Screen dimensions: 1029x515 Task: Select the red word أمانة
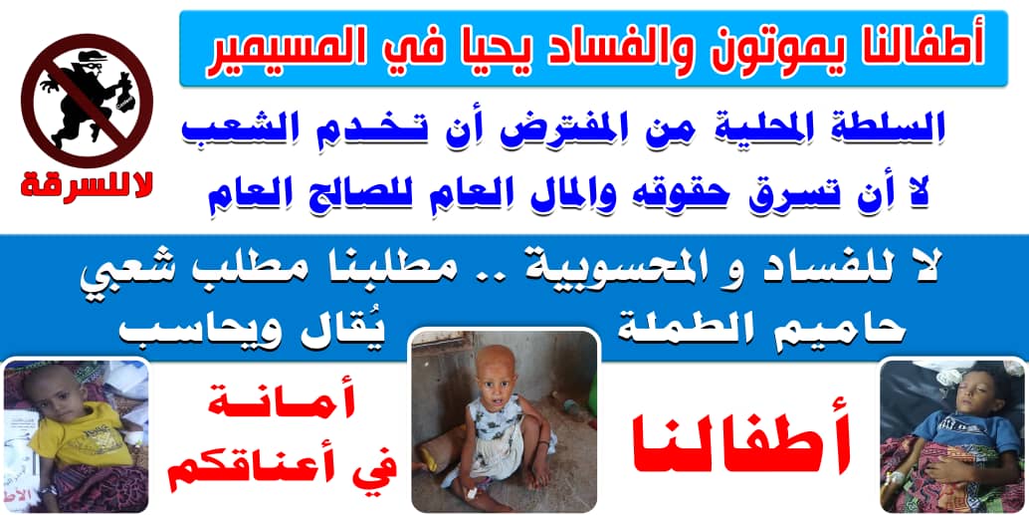[283, 405]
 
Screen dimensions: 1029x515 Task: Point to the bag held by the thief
[124, 97]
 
